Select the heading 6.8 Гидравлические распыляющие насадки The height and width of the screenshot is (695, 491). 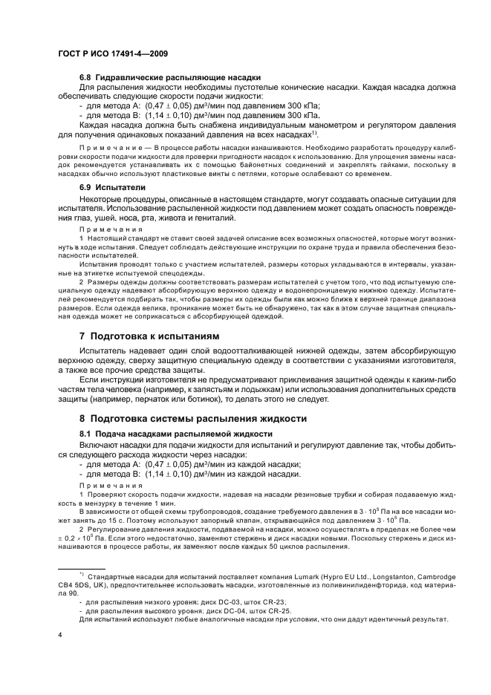[x=169, y=78]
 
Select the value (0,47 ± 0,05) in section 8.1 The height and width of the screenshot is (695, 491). [x=170, y=465]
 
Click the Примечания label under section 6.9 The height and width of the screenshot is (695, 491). [x=105, y=230]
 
